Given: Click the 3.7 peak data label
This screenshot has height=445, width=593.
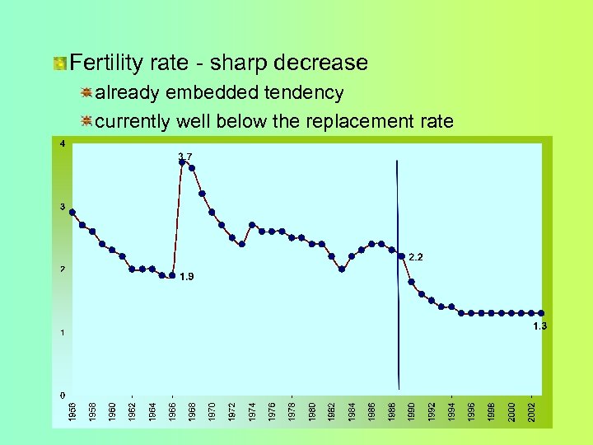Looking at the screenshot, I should pos(185,156).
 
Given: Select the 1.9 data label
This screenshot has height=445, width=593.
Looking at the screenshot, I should pos(187,277).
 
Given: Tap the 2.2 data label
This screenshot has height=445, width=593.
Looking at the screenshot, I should pos(416,257).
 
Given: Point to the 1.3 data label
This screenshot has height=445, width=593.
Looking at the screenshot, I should pos(539,326).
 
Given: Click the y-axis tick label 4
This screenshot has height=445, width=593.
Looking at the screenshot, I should pos(63,143).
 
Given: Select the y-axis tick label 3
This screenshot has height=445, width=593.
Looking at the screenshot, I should pos(63,206).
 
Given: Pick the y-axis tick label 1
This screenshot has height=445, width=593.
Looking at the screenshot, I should pos(63,332).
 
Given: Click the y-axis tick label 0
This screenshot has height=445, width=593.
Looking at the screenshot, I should pos(63,396).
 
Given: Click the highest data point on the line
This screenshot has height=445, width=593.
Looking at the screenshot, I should pos(182,162).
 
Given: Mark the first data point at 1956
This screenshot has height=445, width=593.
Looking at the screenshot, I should pos(72,212).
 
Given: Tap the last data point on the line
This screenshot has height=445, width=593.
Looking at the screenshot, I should pos(541,313).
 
